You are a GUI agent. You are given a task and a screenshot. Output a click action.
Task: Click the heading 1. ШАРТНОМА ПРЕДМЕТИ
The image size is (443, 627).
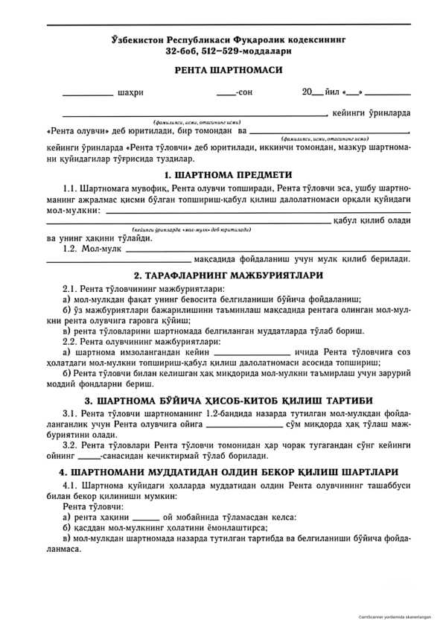click(x=228, y=174)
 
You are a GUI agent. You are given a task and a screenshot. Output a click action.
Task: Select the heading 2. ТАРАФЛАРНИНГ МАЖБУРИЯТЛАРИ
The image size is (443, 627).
click(x=228, y=276)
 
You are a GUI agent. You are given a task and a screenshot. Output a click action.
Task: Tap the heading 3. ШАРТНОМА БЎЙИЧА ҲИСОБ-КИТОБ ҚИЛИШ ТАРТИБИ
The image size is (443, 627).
click(x=228, y=400)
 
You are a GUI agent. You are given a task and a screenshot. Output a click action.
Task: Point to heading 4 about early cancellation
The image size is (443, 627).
click(x=228, y=472)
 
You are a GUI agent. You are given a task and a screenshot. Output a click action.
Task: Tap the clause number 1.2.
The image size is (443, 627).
click(x=71, y=248)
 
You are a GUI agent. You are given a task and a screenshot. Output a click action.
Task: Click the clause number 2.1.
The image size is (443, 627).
click(x=71, y=288)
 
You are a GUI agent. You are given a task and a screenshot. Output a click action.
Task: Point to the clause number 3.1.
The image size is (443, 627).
click(x=71, y=413)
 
